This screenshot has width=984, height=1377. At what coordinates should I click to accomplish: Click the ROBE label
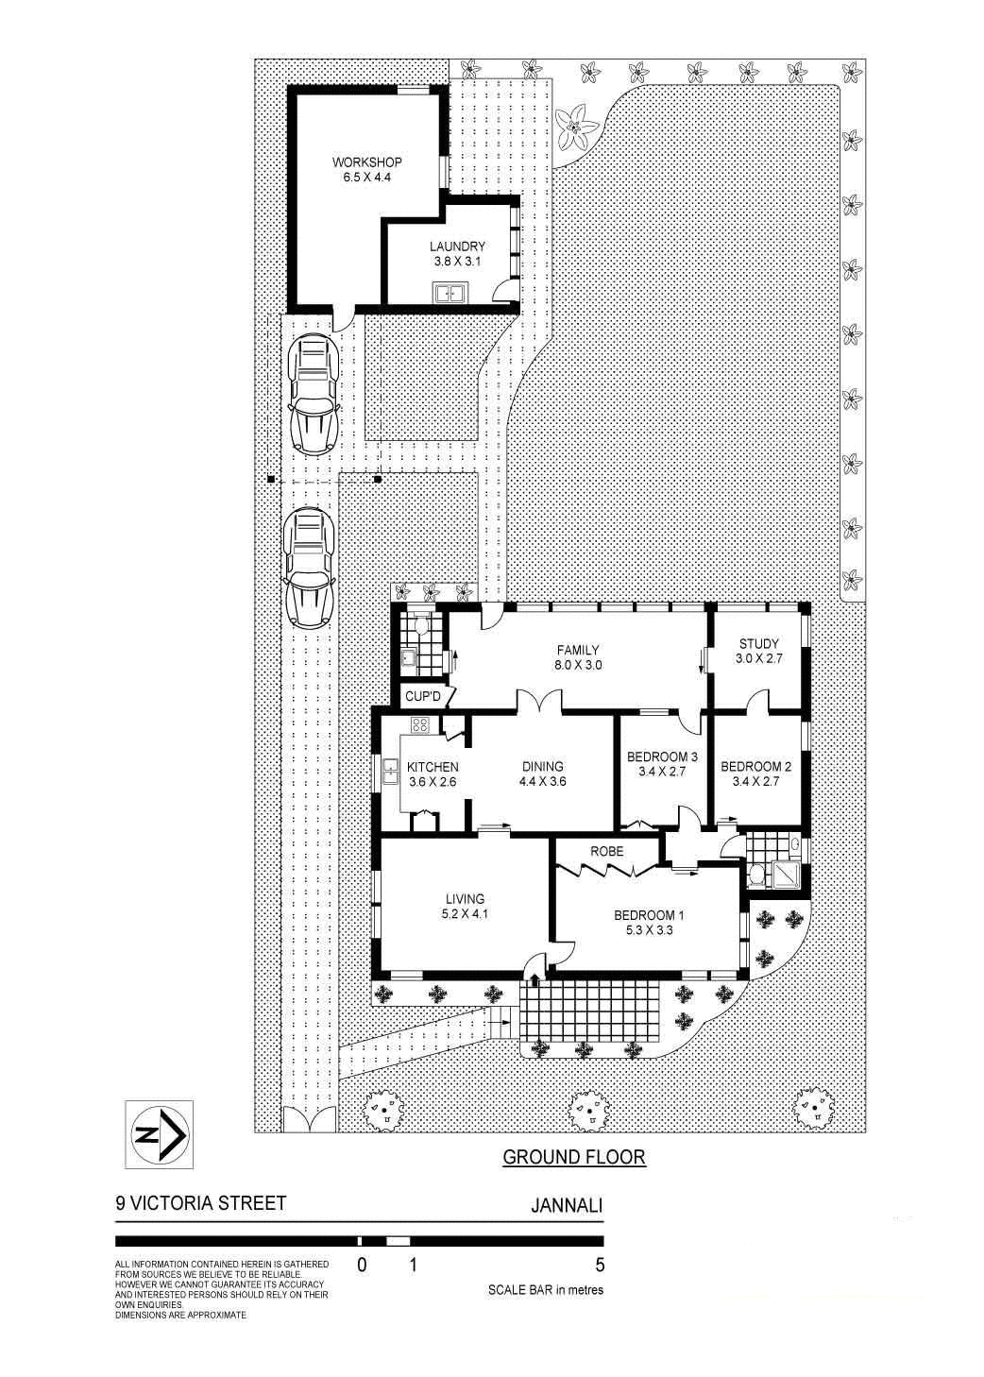(606, 851)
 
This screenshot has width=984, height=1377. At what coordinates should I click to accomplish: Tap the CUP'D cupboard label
(423, 697)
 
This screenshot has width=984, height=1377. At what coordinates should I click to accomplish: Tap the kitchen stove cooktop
(420, 726)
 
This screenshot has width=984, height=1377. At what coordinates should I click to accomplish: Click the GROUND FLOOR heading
(573, 1157)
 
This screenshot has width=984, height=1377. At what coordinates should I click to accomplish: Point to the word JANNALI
(567, 1204)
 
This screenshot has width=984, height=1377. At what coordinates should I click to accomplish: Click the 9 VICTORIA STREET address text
(200, 1203)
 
